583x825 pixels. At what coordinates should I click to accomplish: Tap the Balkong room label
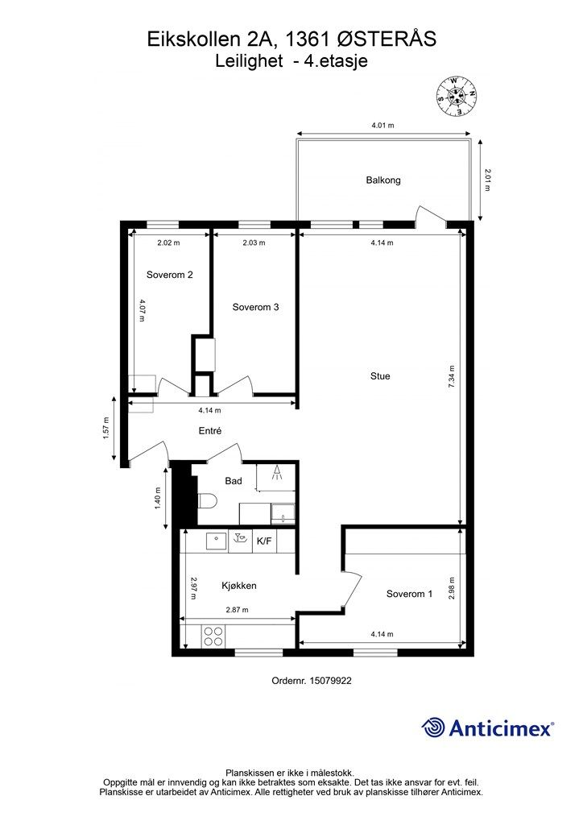pyautogui.click(x=383, y=180)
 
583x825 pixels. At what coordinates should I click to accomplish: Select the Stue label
pyautogui.click(x=380, y=376)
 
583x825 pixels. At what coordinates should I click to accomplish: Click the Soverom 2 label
pyautogui.click(x=169, y=275)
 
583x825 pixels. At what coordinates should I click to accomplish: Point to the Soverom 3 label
pyautogui.click(x=255, y=307)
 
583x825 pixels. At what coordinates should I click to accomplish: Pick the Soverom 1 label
pyautogui.click(x=410, y=594)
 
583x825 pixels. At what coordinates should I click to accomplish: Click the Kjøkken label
pyautogui.click(x=239, y=586)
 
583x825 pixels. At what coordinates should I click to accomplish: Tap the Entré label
pyautogui.click(x=209, y=431)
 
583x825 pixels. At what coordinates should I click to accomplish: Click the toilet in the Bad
pyautogui.click(x=207, y=501)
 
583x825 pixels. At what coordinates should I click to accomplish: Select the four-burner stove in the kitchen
pyautogui.click(x=213, y=636)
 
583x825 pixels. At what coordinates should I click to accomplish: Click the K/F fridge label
pyautogui.click(x=264, y=541)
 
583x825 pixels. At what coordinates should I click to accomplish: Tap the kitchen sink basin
pyautogui.click(x=216, y=541)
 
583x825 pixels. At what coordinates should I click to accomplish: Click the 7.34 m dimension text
pyautogui.click(x=451, y=377)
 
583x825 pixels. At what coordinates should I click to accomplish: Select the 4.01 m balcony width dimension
pyautogui.click(x=382, y=125)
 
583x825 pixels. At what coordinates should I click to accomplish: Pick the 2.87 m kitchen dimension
pyautogui.click(x=237, y=610)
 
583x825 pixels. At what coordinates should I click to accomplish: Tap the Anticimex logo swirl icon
pyautogui.click(x=434, y=728)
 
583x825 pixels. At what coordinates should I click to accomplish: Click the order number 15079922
pyautogui.click(x=331, y=680)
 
